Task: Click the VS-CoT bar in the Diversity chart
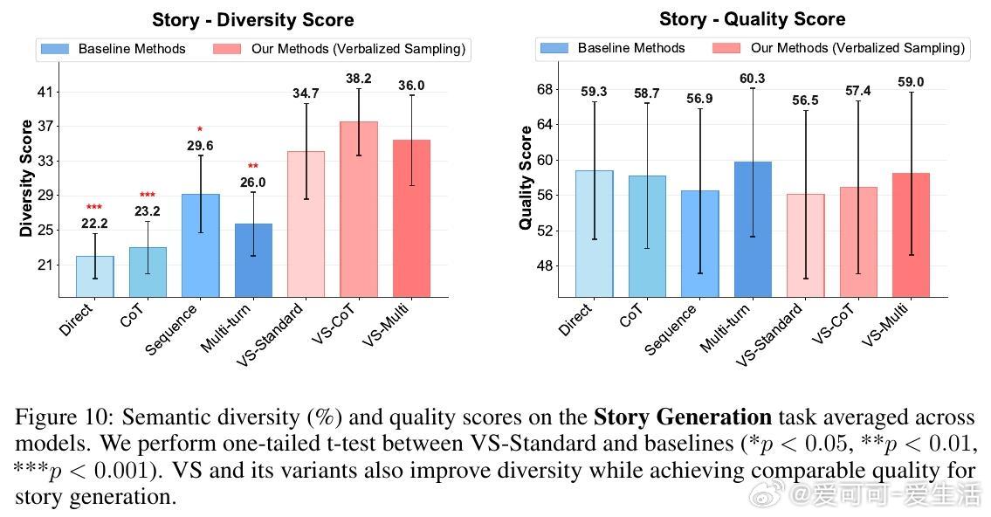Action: (x=359, y=209)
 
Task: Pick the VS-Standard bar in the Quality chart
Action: (x=805, y=245)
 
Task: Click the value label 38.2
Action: (x=358, y=79)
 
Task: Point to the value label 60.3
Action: (x=752, y=79)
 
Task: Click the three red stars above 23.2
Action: (x=148, y=196)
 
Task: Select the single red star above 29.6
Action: (x=200, y=130)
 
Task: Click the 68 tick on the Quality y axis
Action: (x=545, y=89)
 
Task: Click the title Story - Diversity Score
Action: (x=252, y=20)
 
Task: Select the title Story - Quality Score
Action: (x=752, y=18)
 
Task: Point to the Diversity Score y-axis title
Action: (x=26, y=178)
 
